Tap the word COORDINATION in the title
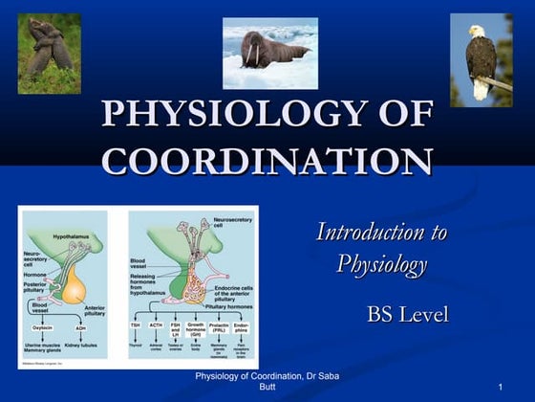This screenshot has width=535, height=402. pyautogui.click(x=267, y=160)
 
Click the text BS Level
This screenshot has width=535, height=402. pyautogui.click(x=407, y=314)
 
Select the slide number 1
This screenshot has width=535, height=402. pyautogui.click(x=500, y=385)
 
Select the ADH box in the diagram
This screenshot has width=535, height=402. pyautogui.click(x=80, y=327)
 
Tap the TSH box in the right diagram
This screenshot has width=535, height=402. pyautogui.click(x=135, y=325)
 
